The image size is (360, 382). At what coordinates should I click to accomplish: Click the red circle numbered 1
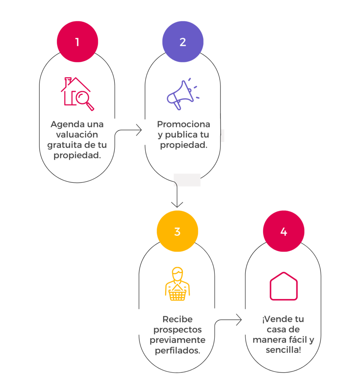pyautogui.click(x=77, y=41)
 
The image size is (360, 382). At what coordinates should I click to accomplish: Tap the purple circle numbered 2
pyautogui.click(x=183, y=41)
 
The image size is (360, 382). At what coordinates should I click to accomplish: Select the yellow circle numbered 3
pyautogui.click(x=177, y=231)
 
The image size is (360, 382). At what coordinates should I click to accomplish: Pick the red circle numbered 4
pyautogui.click(x=283, y=231)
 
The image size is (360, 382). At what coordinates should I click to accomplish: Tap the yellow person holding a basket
pyautogui.click(x=177, y=284)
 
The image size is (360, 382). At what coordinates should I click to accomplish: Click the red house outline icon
pyautogui.click(x=283, y=286)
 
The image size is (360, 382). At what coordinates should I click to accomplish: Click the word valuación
pyautogui.click(x=77, y=134)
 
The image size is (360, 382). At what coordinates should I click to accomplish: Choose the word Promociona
pyautogui.click(x=183, y=124)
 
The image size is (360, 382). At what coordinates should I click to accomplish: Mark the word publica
pyautogui.click(x=182, y=135)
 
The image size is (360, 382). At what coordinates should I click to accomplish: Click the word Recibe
pyautogui.click(x=177, y=319)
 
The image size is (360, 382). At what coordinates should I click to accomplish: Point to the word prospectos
pyautogui.click(x=177, y=330)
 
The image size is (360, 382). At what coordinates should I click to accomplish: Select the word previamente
pyautogui.click(x=177, y=340)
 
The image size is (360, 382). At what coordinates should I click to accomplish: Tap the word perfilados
pyautogui.click(x=177, y=351)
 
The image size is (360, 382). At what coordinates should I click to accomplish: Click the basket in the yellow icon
pyautogui.click(x=177, y=295)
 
